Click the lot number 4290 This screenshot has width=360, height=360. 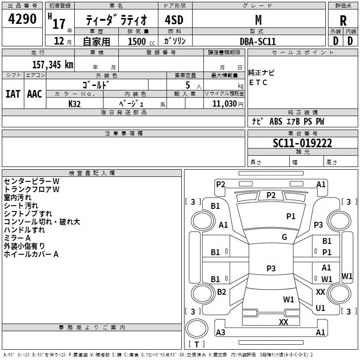pyautogui.click(x=23, y=19)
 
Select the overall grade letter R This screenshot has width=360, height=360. pyautogui.click(x=343, y=21)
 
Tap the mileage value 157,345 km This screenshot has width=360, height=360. pyautogui.click(x=53, y=64)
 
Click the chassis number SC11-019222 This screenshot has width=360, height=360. pyautogui.click(x=302, y=143)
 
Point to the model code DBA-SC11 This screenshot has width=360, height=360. pyautogui.click(x=258, y=41)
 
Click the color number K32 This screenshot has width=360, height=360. pyautogui.click(x=75, y=103)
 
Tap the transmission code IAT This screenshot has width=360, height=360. pyautogui.click(x=13, y=94)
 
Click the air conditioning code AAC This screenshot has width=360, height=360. pyautogui.click(x=35, y=94)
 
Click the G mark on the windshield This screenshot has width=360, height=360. pyautogui.click(x=284, y=237)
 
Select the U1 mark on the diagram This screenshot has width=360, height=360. pyautogui.click(x=320, y=308)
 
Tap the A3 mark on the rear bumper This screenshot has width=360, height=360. pyautogui.click(x=220, y=333)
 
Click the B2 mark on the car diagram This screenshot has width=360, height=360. pyautogui.click(x=221, y=292)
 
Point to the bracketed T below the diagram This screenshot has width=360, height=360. pyautogui.click(x=197, y=345)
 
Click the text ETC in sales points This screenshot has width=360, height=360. pyautogui.click(x=258, y=83)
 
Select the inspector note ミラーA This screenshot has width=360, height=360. pyautogui.click(x=17, y=238)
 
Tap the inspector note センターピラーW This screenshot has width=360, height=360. pyautogui.click(x=31, y=181)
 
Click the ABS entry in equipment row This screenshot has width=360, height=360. pyautogui.click(x=275, y=121)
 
